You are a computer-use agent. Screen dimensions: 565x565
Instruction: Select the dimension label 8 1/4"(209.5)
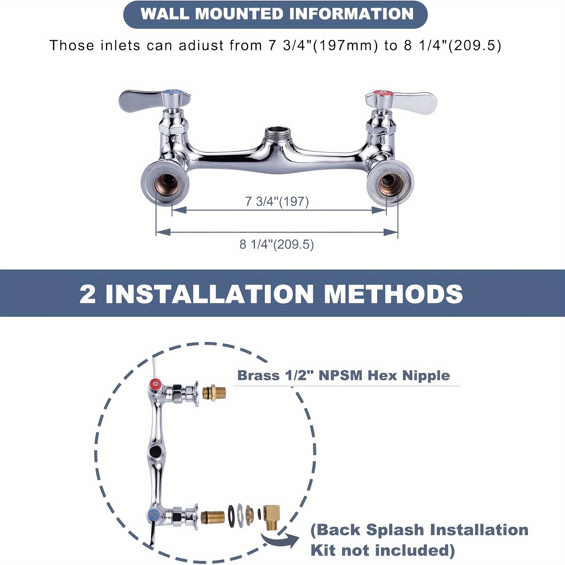(x=277, y=244)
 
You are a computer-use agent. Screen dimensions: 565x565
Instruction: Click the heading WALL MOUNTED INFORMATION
(x=277, y=14)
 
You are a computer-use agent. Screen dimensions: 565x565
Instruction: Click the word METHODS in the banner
(x=393, y=293)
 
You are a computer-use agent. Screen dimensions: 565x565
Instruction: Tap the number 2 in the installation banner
(x=87, y=294)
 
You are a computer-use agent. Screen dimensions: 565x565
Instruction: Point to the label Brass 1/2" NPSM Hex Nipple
(x=343, y=376)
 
